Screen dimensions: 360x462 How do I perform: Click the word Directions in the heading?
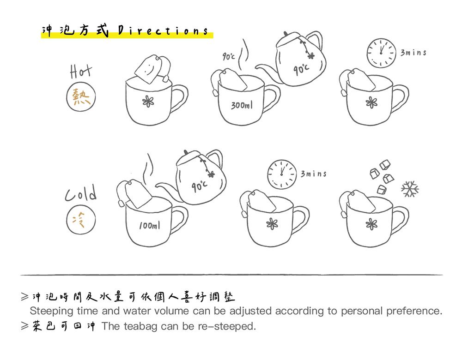(163, 31)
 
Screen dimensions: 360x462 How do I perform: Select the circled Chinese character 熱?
(81, 98)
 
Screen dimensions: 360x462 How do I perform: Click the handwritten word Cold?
(80, 192)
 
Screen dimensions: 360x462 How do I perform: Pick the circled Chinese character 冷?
(81, 218)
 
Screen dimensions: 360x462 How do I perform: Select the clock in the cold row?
(282, 174)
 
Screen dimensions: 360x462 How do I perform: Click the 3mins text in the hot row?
(413, 53)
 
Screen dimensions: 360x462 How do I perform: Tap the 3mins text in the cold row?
(313, 174)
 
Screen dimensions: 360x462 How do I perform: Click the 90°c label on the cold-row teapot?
(200, 186)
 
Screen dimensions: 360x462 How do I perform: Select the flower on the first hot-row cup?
(147, 102)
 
